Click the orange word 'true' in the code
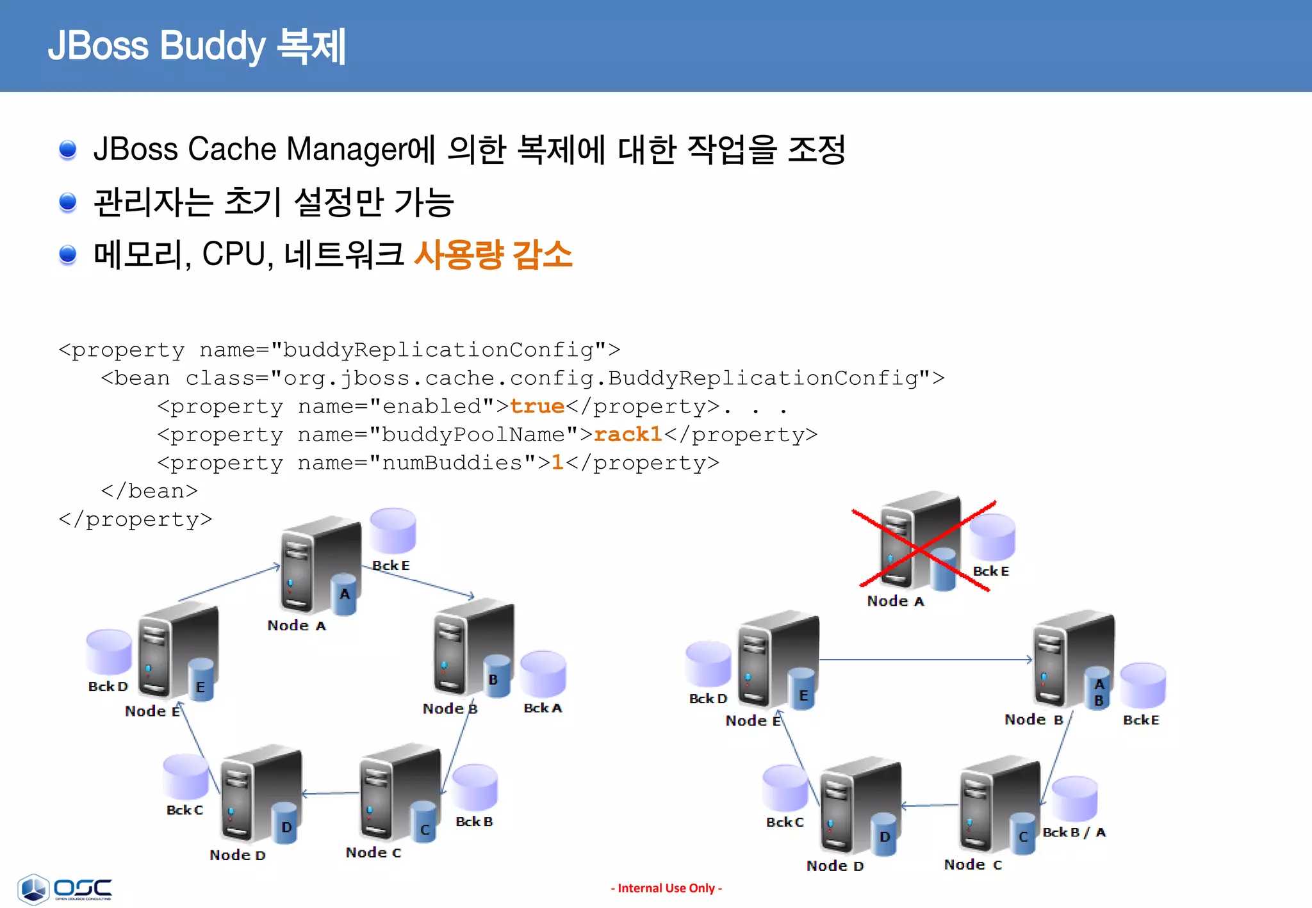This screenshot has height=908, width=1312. (x=537, y=407)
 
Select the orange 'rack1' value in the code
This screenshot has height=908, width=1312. (x=628, y=435)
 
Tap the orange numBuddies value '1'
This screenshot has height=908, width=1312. (x=557, y=463)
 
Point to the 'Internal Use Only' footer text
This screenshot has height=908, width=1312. (x=666, y=888)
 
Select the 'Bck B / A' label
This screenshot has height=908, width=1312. (x=1074, y=832)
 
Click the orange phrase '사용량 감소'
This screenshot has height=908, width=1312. (x=493, y=254)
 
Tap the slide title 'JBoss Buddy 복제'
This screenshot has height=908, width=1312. (x=197, y=46)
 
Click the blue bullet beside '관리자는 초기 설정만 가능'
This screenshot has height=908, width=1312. (x=68, y=202)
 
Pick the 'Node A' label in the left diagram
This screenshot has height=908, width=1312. (x=297, y=626)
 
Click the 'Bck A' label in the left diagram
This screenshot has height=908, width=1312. (x=543, y=708)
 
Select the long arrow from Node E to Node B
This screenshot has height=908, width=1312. (x=926, y=659)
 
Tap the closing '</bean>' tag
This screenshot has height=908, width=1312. (x=149, y=491)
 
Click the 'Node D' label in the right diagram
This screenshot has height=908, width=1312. (x=835, y=866)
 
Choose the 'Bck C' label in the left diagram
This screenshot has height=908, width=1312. (x=184, y=810)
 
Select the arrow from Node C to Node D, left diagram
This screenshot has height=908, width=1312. (x=331, y=793)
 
